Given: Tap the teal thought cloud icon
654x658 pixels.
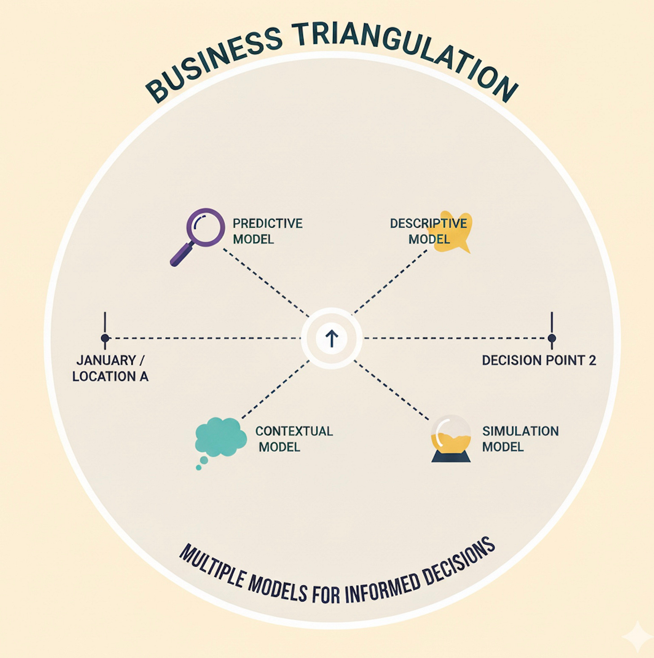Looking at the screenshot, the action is tap(220, 438).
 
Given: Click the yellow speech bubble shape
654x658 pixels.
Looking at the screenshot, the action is tap(451, 232).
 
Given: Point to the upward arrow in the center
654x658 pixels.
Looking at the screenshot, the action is tap(331, 338).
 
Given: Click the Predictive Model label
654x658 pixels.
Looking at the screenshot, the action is tap(267, 231).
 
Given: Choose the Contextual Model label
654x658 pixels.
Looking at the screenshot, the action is tap(294, 439).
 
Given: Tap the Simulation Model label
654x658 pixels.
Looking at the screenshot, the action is tap(520, 439).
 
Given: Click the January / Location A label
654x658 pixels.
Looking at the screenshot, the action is tap(110, 368).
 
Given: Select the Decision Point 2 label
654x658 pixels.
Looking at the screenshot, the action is tap(539, 360).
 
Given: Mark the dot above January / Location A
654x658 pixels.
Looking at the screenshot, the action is tap(105, 338).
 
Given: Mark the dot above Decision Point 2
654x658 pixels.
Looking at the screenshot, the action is tap(552, 338).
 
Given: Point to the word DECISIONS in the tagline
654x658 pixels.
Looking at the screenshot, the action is tap(458, 562).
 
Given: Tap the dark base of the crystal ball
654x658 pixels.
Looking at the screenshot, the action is tap(451, 457).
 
